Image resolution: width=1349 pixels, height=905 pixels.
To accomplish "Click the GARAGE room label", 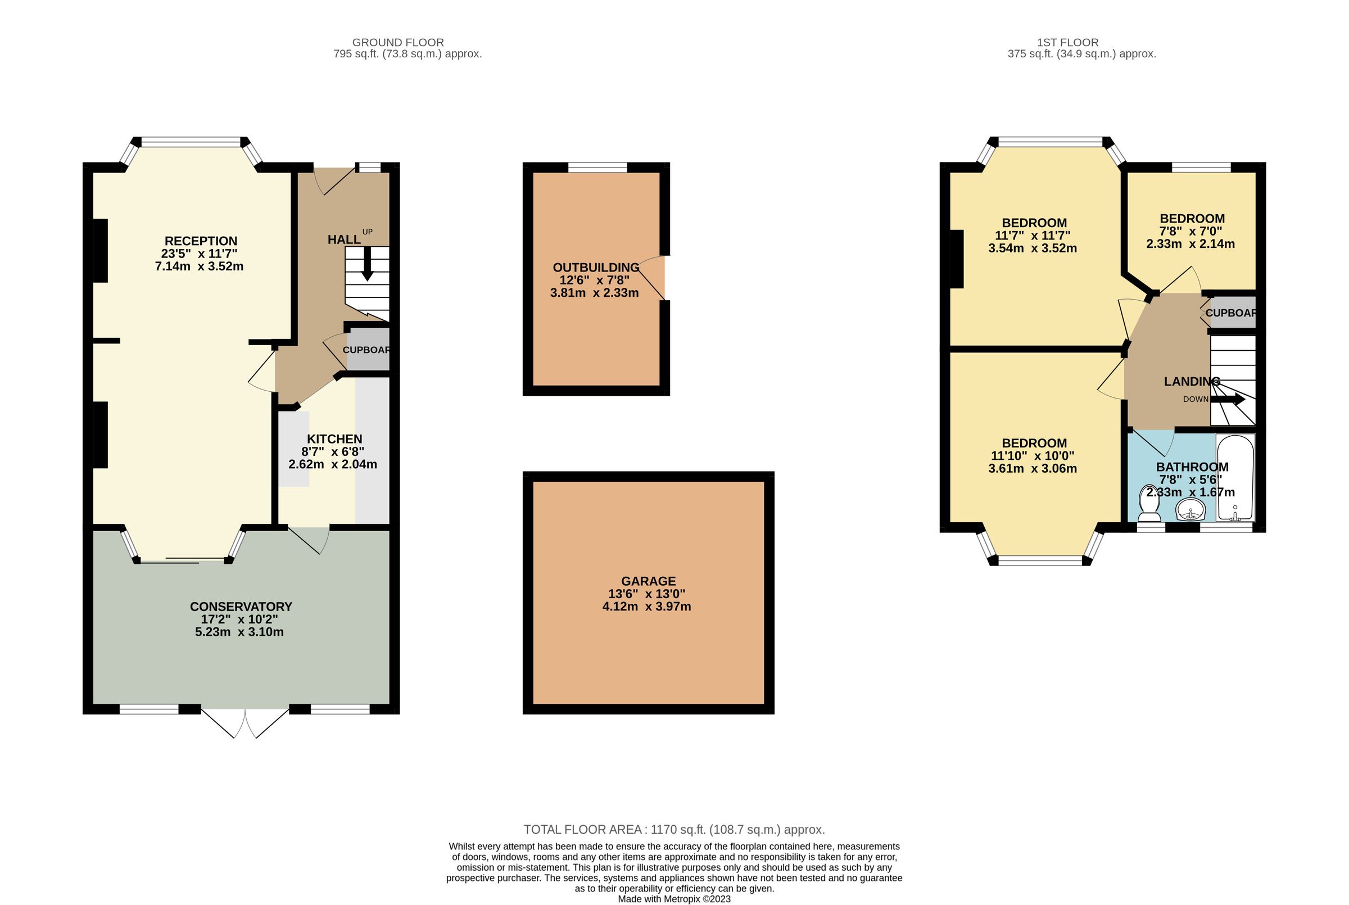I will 648,581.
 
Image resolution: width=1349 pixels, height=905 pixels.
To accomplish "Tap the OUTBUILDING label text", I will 595,268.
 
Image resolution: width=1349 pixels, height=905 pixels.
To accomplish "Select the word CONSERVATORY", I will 241,607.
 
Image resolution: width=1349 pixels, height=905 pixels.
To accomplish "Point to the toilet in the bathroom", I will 1149,504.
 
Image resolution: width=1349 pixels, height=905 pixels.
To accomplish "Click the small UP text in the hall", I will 367,232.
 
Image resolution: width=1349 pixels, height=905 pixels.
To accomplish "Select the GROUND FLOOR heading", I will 397,42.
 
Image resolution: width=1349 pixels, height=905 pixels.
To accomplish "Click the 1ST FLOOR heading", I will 1067,42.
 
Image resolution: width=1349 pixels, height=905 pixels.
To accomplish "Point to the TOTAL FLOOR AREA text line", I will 674,829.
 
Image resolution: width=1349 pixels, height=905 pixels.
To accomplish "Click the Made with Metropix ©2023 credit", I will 674,899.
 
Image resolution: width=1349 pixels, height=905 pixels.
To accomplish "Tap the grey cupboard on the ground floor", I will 368,350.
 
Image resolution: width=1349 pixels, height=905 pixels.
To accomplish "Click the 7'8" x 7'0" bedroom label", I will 1190,232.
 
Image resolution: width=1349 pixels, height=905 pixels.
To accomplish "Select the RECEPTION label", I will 201,241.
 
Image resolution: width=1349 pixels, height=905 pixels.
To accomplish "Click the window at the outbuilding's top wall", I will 597,168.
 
